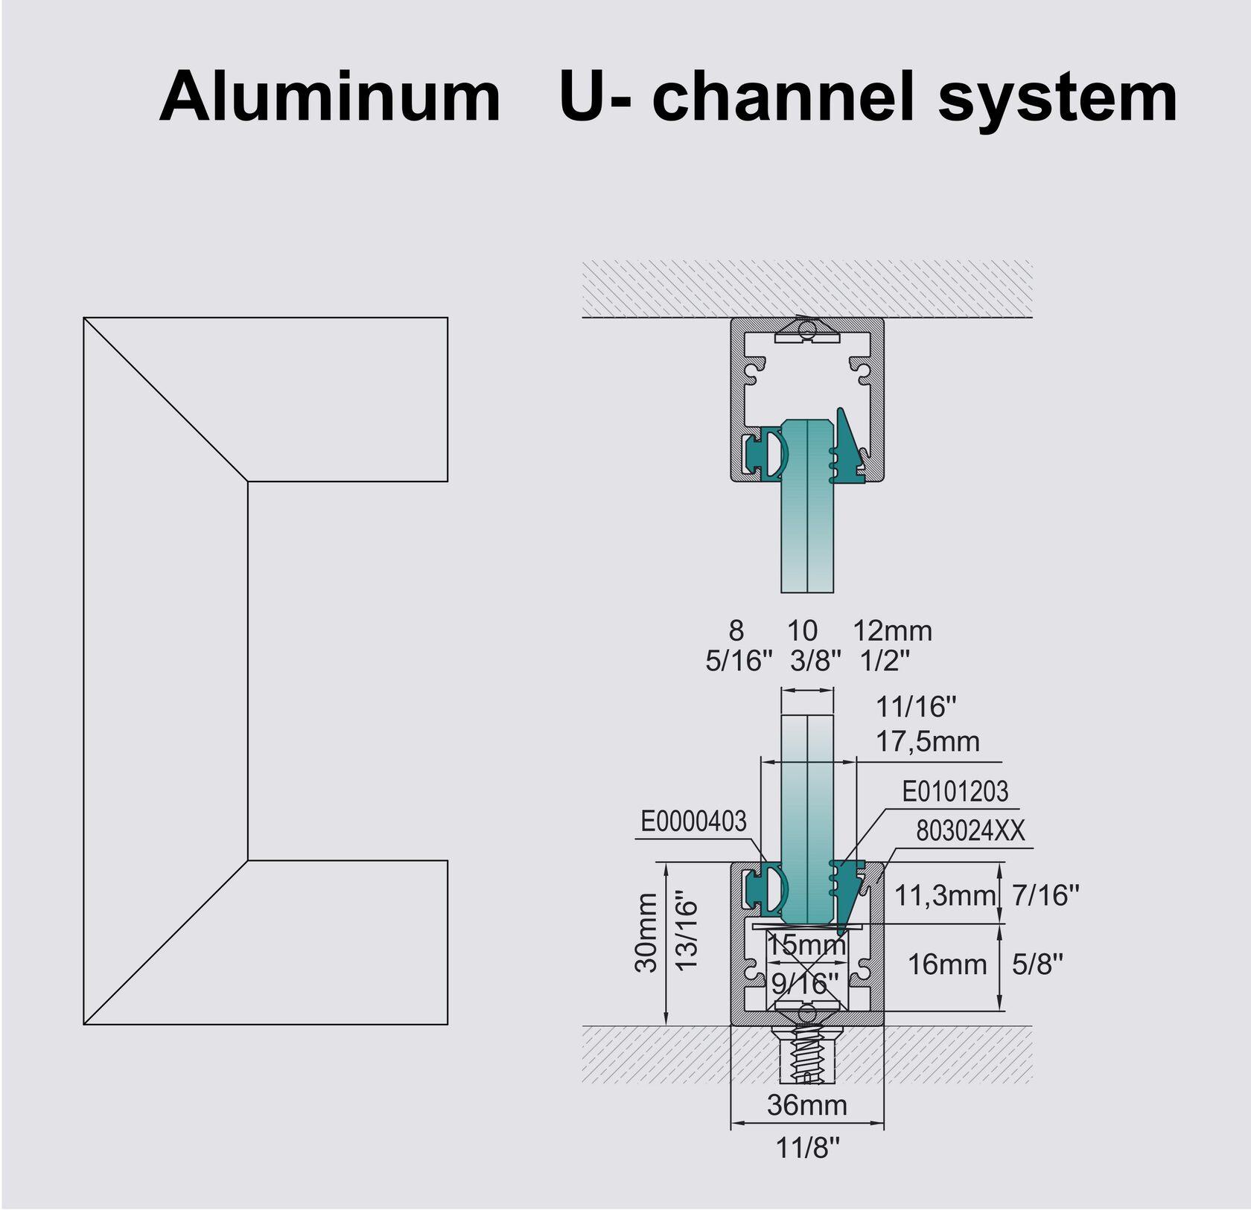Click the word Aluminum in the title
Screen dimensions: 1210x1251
pos(330,97)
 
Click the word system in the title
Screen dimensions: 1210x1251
pos(1057,98)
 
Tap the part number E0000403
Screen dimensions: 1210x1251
pos(693,822)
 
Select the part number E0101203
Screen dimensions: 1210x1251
pos(955,792)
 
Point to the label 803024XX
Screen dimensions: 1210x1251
pos(970,831)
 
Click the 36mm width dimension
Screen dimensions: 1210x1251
pos(807,1105)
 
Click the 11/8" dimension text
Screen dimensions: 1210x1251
pos(807,1148)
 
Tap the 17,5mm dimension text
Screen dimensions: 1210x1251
pos(926,741)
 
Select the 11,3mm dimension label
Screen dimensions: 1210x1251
pos(944,895)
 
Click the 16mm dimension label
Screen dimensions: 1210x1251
pos(946,965)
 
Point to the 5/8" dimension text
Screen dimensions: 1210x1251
pos(1037,965)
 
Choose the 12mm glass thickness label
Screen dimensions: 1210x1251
pos(892,631)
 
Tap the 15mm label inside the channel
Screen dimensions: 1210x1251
pos(806,945)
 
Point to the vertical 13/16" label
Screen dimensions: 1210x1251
pos(688,934)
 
